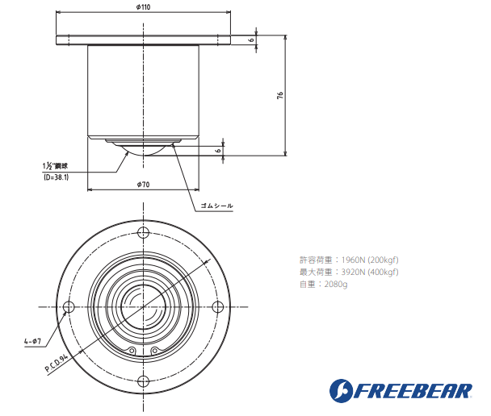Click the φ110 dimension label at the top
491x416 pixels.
[x=144, y=6]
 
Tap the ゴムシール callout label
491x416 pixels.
[x=216, y=206]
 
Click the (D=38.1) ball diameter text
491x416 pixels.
[x=56, y=177]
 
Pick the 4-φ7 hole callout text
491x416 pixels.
[x=33, y=341]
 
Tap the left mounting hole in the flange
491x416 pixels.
[x=68, y=307]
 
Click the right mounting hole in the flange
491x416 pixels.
[x=218, y=307]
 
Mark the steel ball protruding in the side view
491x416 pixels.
[x=143, y=150]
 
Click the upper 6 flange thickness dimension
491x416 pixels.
[x=251, y=40]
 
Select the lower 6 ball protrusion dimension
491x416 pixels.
[x=218, y=149]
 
